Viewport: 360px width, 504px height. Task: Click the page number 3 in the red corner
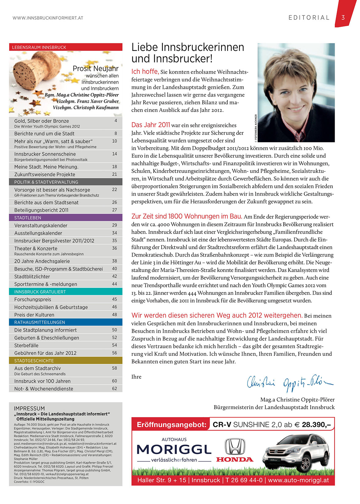343,18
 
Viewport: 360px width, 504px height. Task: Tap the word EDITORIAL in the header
309,18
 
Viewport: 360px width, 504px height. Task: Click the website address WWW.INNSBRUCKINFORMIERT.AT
48,18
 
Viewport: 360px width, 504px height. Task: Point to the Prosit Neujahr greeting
95,69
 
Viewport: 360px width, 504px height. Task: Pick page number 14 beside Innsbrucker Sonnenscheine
115,154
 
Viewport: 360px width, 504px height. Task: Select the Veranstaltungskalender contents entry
41,225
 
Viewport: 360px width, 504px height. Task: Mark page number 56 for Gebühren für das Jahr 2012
115,353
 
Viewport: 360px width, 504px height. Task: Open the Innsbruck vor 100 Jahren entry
42,381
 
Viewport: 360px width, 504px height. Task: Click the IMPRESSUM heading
29,408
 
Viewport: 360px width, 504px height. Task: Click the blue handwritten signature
290,383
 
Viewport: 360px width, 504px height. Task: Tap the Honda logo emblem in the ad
235,447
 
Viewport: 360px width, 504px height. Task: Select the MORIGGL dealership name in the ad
174,449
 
